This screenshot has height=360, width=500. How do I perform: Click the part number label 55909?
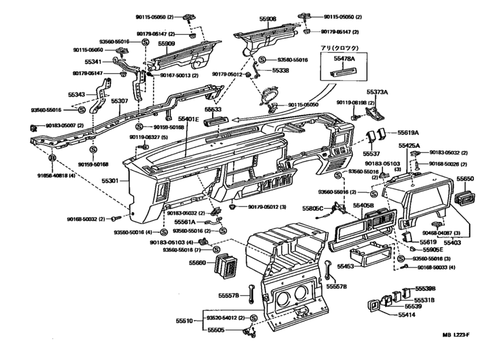tap(166, 44)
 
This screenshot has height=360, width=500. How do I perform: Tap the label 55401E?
tap(189, 120)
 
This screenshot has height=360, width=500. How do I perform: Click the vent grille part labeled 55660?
tap(230, 264)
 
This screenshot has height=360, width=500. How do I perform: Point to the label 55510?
tap(185, 319)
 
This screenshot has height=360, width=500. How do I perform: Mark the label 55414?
tap(407, 315)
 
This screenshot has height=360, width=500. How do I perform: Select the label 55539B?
tap(425, 289)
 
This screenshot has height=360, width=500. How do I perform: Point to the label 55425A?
tap(409, 146)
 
